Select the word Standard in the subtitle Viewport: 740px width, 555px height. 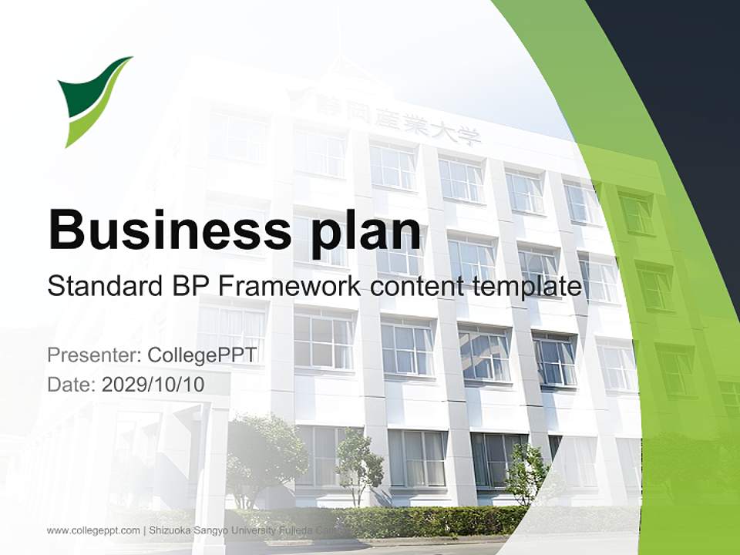coord(100,287)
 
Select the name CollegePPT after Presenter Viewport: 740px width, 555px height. coord(201,355)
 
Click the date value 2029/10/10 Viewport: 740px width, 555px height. coord(153,384)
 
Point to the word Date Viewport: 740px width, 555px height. coord(70,384)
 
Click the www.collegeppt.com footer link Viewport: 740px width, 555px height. coord(93,530)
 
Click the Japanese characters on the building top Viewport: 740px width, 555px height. coord(397,123)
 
